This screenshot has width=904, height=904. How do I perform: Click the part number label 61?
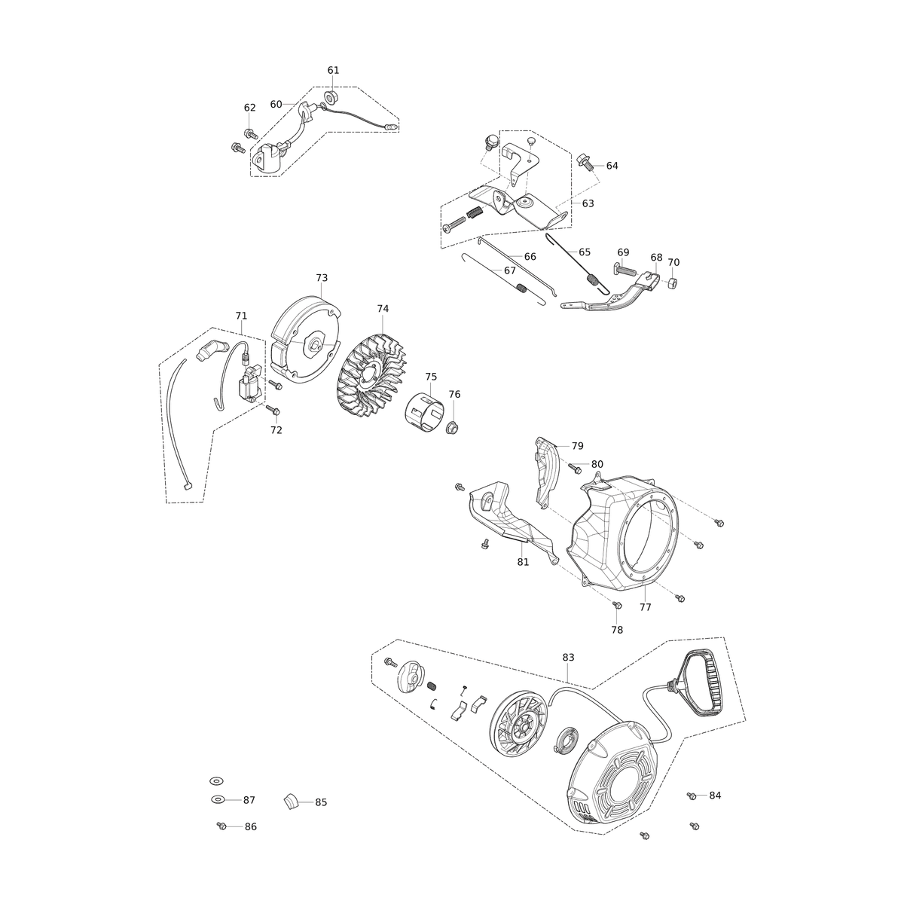(333, 70)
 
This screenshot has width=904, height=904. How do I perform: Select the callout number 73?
(322, 278)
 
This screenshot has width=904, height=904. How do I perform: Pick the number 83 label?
(568, 658)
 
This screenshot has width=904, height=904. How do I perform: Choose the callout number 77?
(645, 607)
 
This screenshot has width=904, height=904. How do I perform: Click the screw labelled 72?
(273, 410)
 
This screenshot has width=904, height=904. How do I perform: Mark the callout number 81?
(523, 562)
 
